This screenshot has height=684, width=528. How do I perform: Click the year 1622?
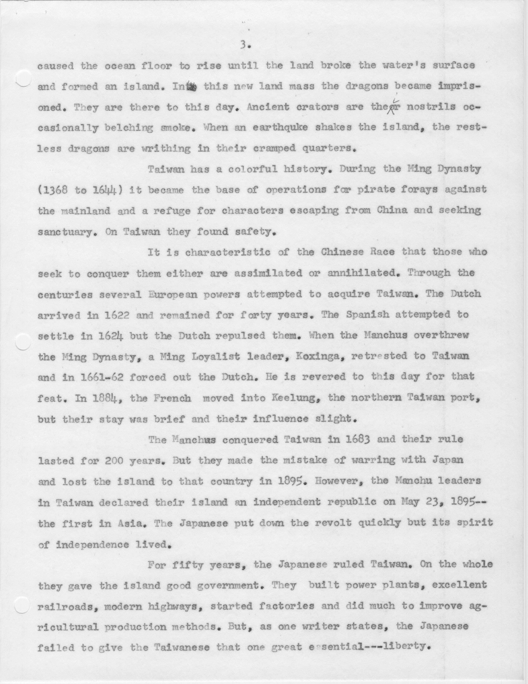[116, 315]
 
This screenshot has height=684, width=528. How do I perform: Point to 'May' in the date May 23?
[409, 502]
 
